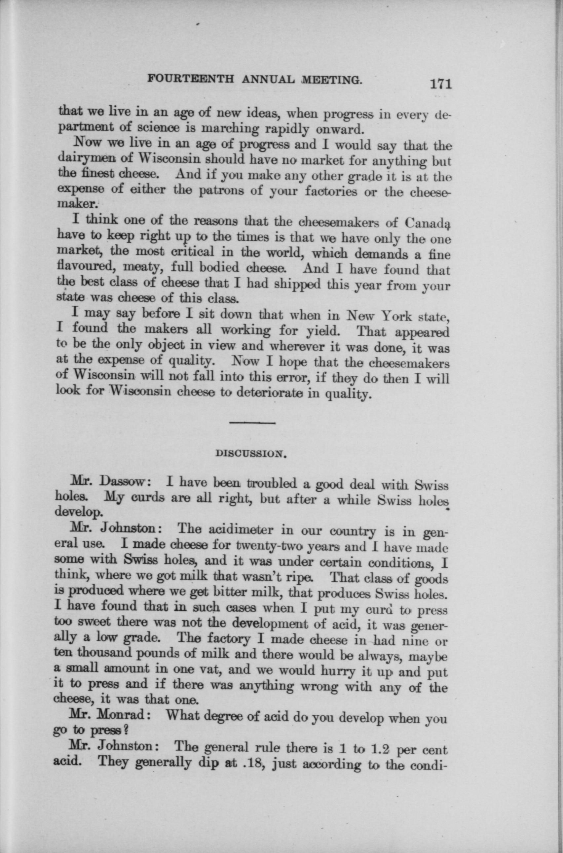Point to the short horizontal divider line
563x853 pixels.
point(252,423)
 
